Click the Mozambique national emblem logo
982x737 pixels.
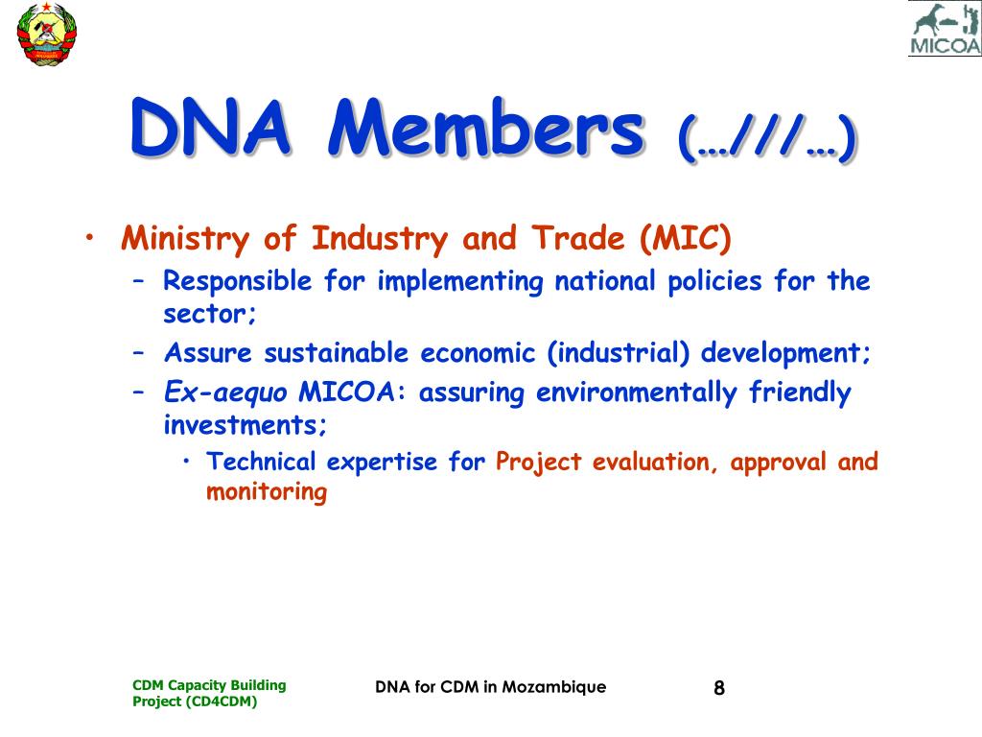[x=46, y=34]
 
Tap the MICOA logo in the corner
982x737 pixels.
[x=945, y=29]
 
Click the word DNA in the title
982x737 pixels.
[x=210, y=128]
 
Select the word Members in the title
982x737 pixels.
[x=486, y=128]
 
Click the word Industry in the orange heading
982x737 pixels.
[x=380, y=239]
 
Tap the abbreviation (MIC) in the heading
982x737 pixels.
[x=686, y=238]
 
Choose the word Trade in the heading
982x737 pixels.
[x=578, y=238]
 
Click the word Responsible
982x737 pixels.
[x=238, y=281]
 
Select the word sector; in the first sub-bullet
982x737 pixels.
[x=210, y=314]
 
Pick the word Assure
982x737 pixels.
[x=208, y=353]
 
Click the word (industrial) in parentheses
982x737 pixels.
[x=619, y=353]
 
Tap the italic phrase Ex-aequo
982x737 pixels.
[x=225, y=392]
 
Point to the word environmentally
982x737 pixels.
[x=637, y=392]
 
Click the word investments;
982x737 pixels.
[x=245, y=425]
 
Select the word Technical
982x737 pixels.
[x=261, y=462]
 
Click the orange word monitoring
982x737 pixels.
[x=267, y=492]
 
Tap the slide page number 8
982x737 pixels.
[x=719, y=688]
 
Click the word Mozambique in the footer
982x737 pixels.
[x=554, y=687]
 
